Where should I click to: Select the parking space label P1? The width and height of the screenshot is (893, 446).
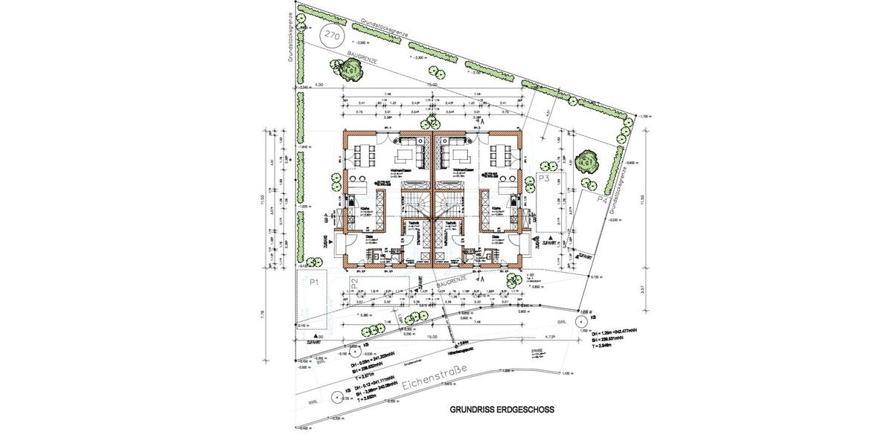coord(314,282)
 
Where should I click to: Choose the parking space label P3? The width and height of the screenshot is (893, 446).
coord(543,180)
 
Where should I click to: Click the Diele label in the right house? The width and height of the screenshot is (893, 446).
coord(493,238)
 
